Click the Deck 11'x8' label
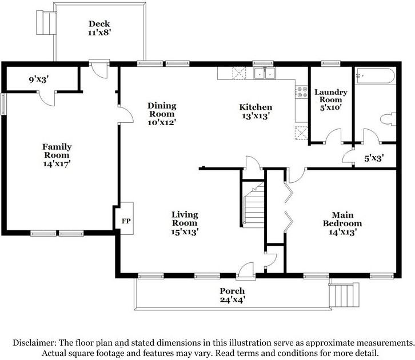(99, 28)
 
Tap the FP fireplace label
(126, 221)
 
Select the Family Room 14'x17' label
(57, 155)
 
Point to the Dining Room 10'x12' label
(162, 114)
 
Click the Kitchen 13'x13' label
(256, 111)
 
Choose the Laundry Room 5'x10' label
(331, 100)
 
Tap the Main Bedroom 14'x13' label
(342, 223)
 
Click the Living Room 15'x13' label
(185, 223)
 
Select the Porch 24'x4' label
(232, 295)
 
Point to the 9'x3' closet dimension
(39, 79)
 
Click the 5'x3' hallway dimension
(374, 158)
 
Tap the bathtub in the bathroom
(376, 76)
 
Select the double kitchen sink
(265, 73)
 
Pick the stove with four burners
(302, 91)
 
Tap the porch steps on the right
(344, 295)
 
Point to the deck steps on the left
(46, 22)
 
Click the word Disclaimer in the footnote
(34, 343)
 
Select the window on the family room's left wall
(3, 104)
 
